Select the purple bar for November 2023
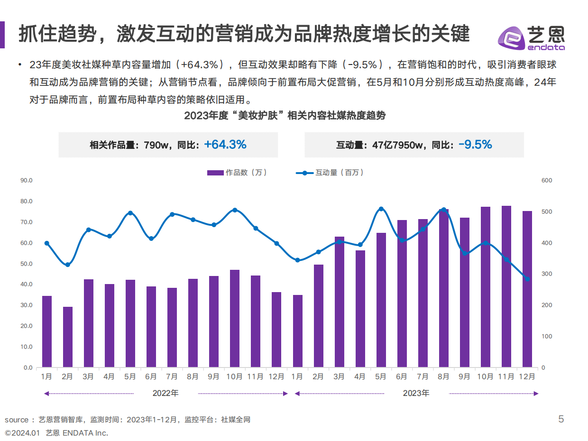coord(506,286)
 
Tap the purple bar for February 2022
coord(68,337)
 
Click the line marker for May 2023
coord(381,209)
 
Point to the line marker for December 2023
coord(527,279)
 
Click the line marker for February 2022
coord(68,265)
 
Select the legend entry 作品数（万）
coord(237,173)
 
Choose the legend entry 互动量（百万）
coord(330,173)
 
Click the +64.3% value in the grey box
coord(225,145)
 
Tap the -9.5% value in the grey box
coord(475,145)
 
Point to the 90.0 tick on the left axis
coord(27,181)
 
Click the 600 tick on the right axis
coord(547,181)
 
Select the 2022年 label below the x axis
coord(165,393)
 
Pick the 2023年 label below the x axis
coord(416,393)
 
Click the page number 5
coord(561,419)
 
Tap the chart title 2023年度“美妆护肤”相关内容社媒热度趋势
coord(285,116)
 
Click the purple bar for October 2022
coord(235,318)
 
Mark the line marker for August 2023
coord(443,210)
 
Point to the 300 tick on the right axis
coord(547,274)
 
